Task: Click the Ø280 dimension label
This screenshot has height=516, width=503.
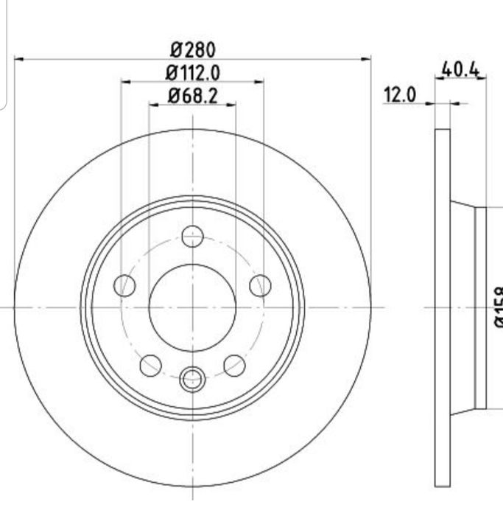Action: [x=192, y=49]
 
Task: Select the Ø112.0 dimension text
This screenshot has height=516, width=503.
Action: [x=192, y=72]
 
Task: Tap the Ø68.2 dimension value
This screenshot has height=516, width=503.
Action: [x=192, y=96]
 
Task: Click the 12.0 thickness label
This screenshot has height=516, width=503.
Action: [x=400, y=95]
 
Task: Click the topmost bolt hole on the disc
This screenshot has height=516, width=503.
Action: [x=192, y=237]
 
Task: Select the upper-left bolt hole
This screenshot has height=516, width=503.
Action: [x=125, y=285]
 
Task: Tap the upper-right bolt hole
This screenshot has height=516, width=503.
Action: [x=260, y=285]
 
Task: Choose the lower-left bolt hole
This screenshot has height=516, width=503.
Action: [x=150, y=364]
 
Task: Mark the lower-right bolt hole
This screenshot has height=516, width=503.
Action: [x=234, y=364]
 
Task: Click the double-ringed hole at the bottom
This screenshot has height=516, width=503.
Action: [x=192, y=379]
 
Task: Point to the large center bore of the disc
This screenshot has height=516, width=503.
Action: [x=192, y=307]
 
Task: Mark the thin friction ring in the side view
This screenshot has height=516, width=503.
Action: [x=442, y=307]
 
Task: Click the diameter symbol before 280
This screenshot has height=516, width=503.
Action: [x=177, y=49]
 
